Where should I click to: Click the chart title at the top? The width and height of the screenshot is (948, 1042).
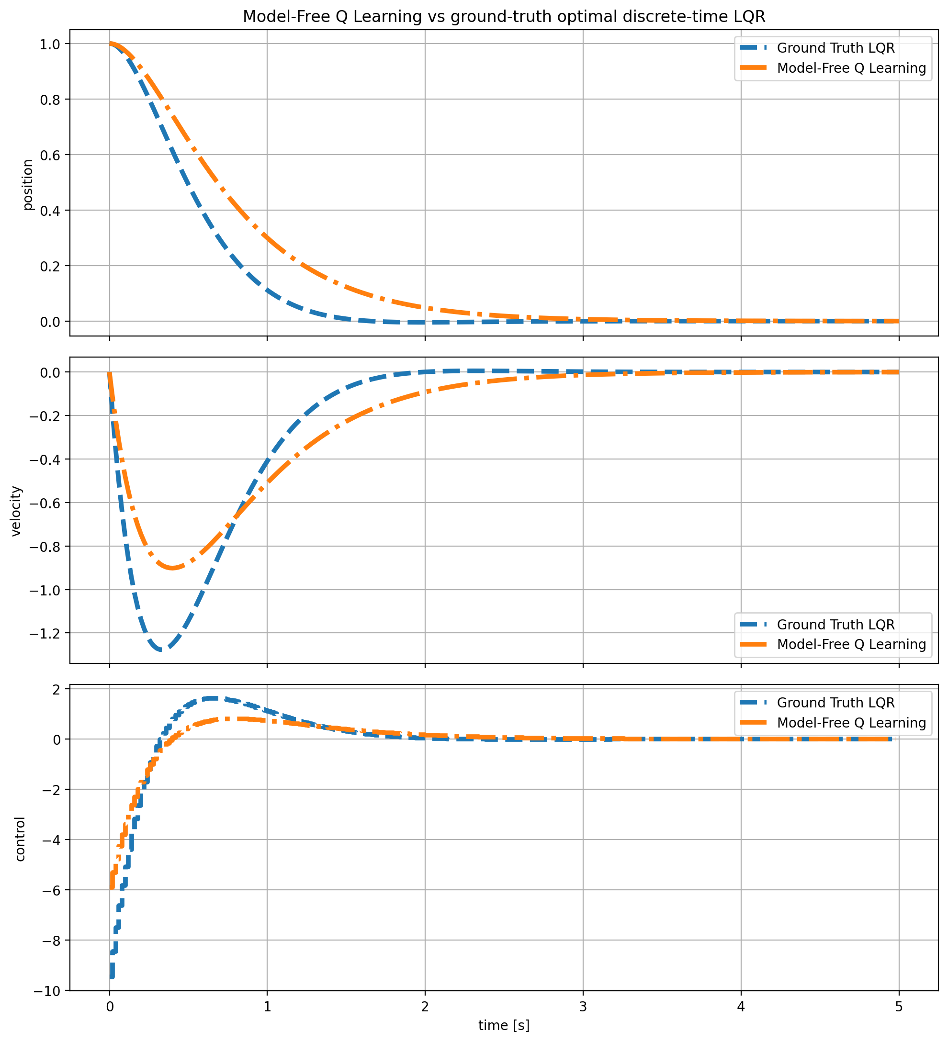point(504,17)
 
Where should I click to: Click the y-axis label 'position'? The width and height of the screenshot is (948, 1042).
point(28,185)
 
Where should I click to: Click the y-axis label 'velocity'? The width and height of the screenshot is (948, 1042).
point(17,511)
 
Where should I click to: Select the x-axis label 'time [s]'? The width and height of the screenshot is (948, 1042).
point(504,1025)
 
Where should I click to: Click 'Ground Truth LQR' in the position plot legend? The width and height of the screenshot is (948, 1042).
point(836,48)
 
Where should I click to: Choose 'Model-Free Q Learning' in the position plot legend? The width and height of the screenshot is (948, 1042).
point(851,68)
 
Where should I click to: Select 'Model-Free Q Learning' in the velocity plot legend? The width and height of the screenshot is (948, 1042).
point(851,645)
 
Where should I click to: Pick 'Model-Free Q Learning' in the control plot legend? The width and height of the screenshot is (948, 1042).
point(851,723)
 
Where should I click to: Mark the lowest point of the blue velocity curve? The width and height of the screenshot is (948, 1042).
point(163,650)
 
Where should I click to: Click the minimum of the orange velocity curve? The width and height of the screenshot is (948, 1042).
point(173,568)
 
